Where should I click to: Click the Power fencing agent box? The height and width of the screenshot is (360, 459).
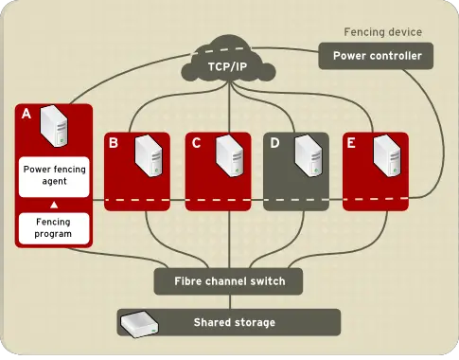[x=54, y=174]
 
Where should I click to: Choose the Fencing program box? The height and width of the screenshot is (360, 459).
[x=54, y=226]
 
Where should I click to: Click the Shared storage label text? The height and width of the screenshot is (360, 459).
[x=234, y=322]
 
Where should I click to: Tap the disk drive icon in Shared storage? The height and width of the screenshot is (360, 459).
[x=138, y=322]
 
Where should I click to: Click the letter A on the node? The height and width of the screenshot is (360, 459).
[x=26, y=114]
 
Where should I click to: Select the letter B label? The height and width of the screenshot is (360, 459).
[x=114, y=143]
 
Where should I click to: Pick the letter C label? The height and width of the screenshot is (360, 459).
[x=196, y=143]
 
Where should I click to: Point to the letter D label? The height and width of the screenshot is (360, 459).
[x=275, y=143]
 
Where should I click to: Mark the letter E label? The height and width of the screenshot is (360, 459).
[x=352, y=143]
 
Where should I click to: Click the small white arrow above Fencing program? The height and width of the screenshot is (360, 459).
[x=54, y=204]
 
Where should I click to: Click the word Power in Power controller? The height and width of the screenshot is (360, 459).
[x=351, y=56]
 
